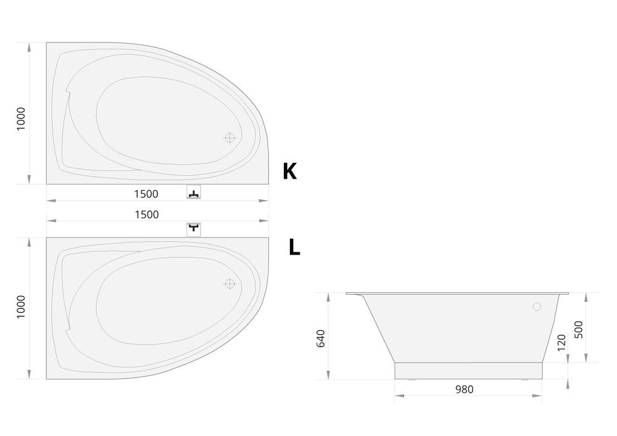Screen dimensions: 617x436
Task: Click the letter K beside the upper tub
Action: (289, 171)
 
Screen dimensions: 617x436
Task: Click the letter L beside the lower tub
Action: (294, 247)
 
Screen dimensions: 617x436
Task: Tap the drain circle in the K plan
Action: (230, 138)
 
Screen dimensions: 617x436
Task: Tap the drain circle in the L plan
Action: (230, 284)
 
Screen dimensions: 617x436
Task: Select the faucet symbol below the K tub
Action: (194, 192)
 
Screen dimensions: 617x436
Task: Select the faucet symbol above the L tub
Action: (194, 229)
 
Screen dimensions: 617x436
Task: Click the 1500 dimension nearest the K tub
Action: (146, 194)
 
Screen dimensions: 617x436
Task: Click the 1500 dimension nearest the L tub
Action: (147, 215)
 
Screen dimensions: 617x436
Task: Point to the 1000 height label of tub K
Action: (21, 119)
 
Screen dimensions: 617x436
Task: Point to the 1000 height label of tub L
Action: (21, 307)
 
